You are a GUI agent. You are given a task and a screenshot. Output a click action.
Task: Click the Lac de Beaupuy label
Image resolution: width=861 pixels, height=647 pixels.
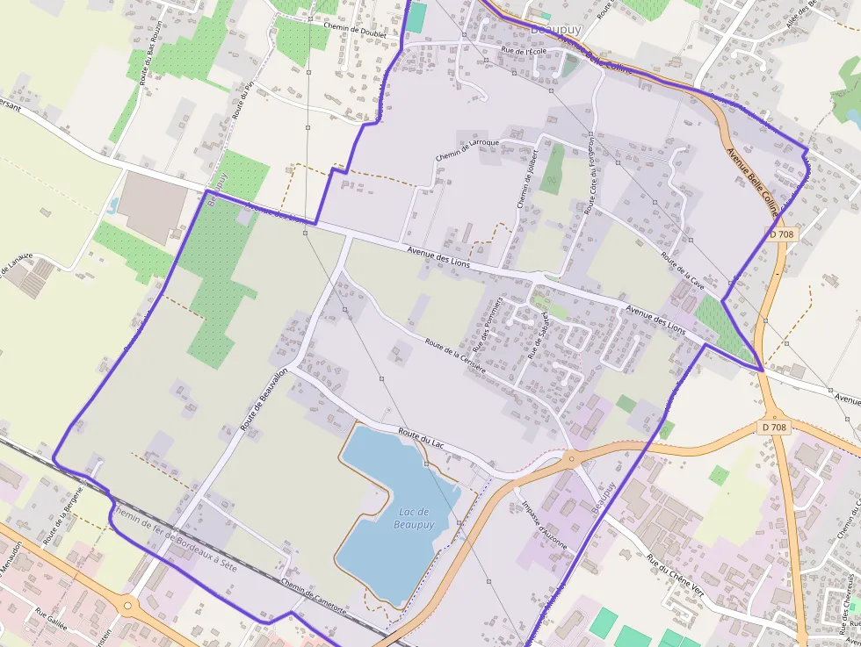pyautogui.click(x=413, y=518)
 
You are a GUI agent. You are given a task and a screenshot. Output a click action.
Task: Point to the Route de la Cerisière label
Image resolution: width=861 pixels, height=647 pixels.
pyautogui.click(x=454, y=356)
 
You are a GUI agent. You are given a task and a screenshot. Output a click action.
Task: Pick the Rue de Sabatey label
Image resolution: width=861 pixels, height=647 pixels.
pyautogui.click(x=537, y=335)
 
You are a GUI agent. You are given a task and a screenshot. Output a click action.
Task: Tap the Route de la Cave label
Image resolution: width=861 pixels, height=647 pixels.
pyautogui.click(x=683, y=271)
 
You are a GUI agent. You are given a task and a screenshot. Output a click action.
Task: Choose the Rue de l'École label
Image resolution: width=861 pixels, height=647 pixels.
pyautogui.click(x=524, y=51)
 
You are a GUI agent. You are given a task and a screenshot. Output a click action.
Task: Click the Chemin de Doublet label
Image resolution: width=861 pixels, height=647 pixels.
pyautogui.click(x=356, y=28)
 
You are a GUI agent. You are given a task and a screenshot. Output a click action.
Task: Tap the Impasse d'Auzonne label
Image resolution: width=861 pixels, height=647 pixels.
pyautogui.click(x=547, y=525)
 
